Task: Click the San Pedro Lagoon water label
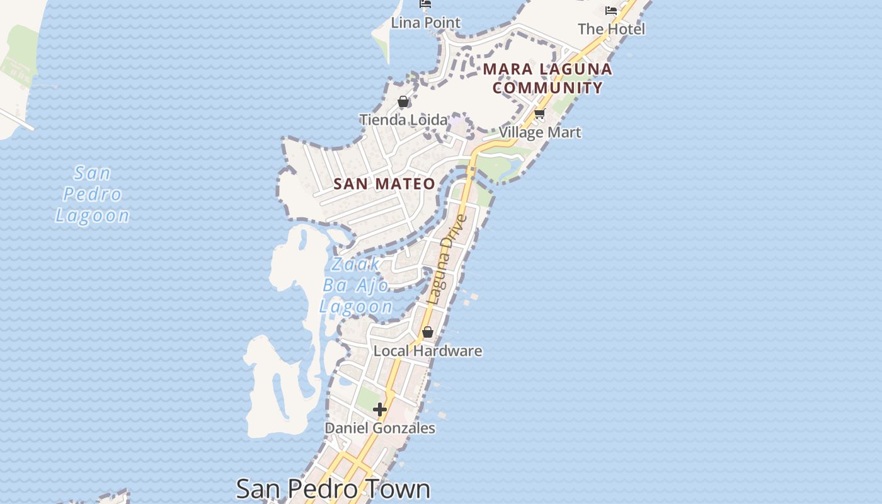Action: click(x=93, y=194)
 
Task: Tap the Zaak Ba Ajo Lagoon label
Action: click(x=356, y=285)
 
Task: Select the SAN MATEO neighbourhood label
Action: click(x=384, y=184)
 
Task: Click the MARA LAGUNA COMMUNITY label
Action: click(x=548, y=78)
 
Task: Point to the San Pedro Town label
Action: click(x=333, y=489)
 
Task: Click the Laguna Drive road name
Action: click(x=447, y=260)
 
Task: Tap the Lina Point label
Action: click(x=426, y=23)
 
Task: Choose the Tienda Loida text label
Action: click(x=403, y=119)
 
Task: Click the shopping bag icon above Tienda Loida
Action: click(x=403, y=102)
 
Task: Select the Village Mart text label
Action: click(x=540, y=132)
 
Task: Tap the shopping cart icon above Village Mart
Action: click(x=539, y=115)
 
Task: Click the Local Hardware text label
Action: click(x=428, y=351)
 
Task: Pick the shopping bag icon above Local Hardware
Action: click(x=428, y=332)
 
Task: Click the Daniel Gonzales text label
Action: click(x=380, y=428)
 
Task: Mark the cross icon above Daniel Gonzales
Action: click(x=380, y=409)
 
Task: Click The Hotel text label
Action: click(x=611, y=29)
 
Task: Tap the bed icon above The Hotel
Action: click(x=611, y=11)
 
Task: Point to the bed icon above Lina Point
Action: click(x=426, y=4)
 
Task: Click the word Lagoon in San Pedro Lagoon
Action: click(x=93, y=215)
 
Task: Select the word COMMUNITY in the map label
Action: click(x=548, y=88)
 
